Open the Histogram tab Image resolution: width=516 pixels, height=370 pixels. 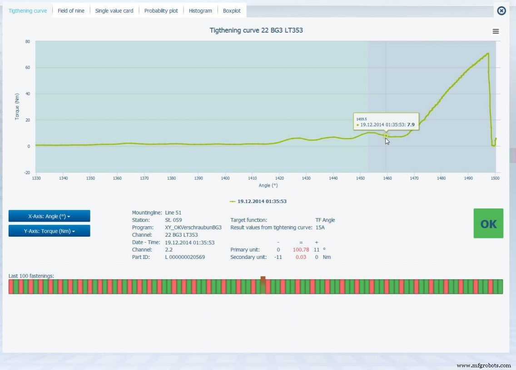pyautogui.click(x=200, y=11)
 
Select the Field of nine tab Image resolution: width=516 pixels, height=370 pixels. pyautogui.click(x=71, y=11)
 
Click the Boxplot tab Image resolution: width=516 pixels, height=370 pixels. pyautogui.click(x=232, y=11)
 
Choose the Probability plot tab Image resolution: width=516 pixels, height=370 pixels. pyautogui.click(x=161, y=11)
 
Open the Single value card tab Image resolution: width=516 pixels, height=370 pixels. pyautogui.click(x=114, y=11)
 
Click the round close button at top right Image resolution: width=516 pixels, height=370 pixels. pyautogui.click(x=501, y=10)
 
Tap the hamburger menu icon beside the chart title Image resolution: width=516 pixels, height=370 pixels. pyautogui.click(x=496, y=31)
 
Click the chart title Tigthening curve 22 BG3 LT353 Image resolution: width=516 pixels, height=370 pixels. pyautogui.click(x=256, y=30)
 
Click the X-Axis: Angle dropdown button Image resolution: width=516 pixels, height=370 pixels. pyautogui.click(x=49, y=216)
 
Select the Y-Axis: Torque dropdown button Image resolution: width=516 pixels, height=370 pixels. pyautogui.click(x=49, y=231)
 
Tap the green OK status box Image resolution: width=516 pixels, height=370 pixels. pyautogui.click(x=488, y=224)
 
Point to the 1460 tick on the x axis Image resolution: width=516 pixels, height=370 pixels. pyautogui.click(x=387, y=179)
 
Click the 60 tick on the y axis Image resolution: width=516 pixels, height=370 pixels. pyautogui.click(x=27, y=68)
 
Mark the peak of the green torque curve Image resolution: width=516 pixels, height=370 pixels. pyautogui.click(x=488, y=54)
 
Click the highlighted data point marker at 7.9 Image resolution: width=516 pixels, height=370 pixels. pyautogui.click(x=386, y=135)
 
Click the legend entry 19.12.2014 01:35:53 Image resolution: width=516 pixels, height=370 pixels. pyautogui.click(x=262, y=201)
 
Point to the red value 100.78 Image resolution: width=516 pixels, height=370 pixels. pyautogui.click(x=301, y=250)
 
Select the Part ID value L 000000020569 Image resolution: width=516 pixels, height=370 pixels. pyautogui.click(x=185, y=257)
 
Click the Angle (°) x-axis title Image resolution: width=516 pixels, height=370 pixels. pyautogui.click(x=268, y=185)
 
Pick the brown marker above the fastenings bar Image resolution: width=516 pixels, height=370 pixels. pyautogui.click(x=263, y=280)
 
